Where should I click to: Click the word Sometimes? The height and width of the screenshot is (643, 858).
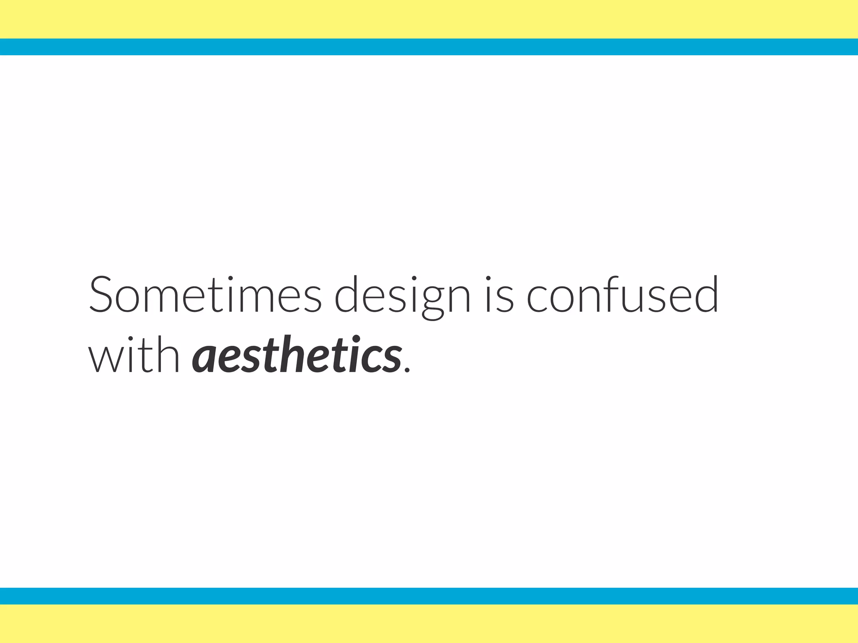[205, 294]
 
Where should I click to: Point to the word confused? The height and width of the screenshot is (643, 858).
[623, 294]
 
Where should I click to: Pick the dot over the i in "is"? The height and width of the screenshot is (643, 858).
[488, 278]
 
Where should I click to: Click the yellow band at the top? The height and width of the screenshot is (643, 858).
[429, 19]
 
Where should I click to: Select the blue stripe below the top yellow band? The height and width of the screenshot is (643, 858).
[429, 47]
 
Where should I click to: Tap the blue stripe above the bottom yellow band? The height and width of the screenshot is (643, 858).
[429, 596]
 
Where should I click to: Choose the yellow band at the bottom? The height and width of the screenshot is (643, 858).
[429, 624]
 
